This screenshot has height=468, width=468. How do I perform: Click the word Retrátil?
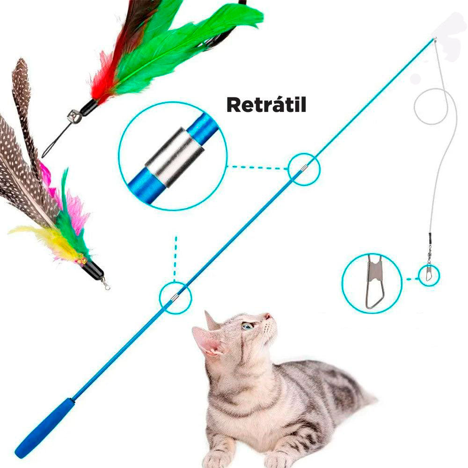[x=267, y=105]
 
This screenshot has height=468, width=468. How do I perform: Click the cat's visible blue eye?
[x=248, y=326]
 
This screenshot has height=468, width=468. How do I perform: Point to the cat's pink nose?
[x=268, y=316]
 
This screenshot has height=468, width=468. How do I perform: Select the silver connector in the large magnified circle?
[x=175, y=157]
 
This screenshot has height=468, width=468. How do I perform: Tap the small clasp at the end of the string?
[x=429, y=274]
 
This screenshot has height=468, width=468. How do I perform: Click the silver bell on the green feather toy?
[x=73, y=116]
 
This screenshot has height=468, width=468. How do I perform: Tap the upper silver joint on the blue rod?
[x=304, y=168]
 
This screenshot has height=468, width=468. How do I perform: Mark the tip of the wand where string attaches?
[x=434, y=39]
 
